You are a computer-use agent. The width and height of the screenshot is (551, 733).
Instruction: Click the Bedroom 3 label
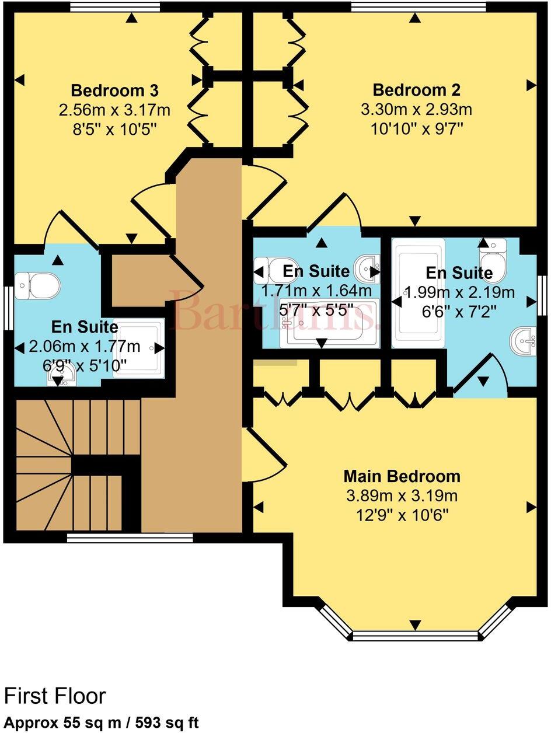pos(114,91)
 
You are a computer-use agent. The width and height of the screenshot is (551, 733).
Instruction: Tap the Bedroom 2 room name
pos(416,90)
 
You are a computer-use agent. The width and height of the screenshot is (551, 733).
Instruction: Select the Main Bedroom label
pos(402,476)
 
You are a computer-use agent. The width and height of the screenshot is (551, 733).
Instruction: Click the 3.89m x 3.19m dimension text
pos(402,496)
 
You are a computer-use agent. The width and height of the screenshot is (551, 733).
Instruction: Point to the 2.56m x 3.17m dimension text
pos(114,109)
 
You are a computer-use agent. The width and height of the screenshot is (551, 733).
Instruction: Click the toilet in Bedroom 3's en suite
pos(37,285)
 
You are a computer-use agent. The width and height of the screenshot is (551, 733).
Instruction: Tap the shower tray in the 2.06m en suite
pos(138,348)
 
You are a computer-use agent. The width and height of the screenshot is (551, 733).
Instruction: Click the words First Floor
pos(55,696)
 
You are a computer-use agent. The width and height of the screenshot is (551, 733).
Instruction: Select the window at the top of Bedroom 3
pos(114,6)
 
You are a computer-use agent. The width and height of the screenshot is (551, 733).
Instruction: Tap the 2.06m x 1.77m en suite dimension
pos(85,347)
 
